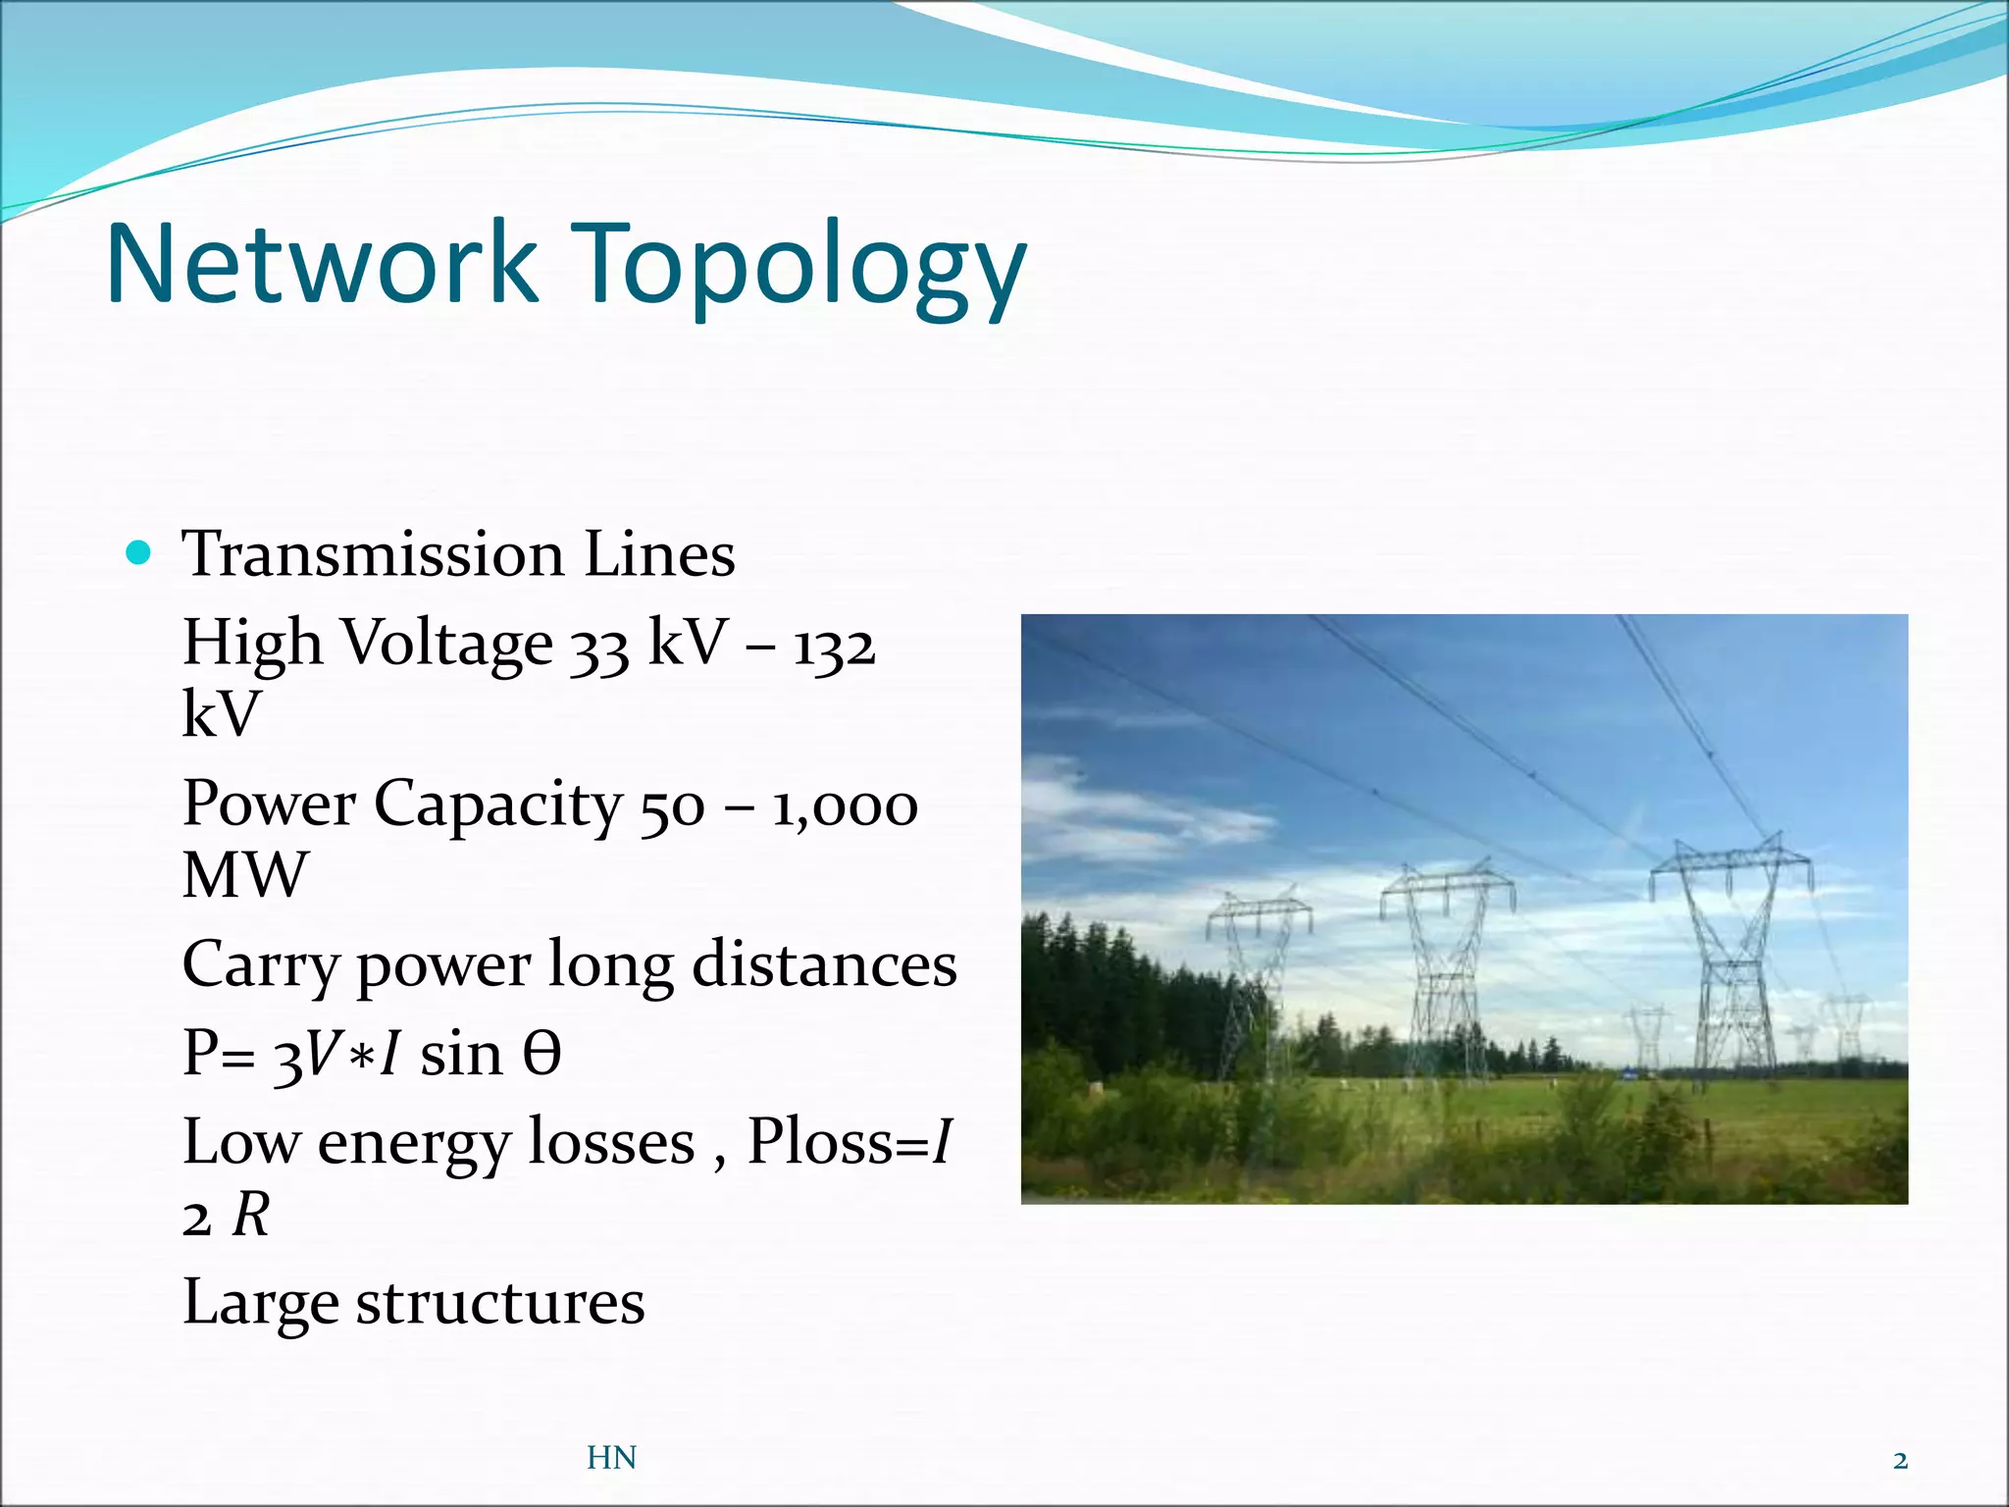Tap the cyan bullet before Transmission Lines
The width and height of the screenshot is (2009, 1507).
pyautogui.click(x=139, y=553)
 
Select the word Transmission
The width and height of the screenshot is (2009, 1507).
pyautogui.click(x=373, y=554)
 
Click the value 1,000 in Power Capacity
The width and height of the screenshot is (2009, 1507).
pyautogui.click(x=845, y=806)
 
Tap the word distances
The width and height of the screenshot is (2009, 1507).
pyautogui.click(x=824, y=964)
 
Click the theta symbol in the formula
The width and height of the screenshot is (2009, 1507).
pyautogui.click(x=541, y=1055)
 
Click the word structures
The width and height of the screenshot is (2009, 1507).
pyautogui.click(x=500, y=1303)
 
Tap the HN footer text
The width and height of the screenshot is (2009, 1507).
pyautogui.click(x=611, y=1458)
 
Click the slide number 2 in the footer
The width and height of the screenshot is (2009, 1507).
pyautogui.click(x=1900, y=1460)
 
